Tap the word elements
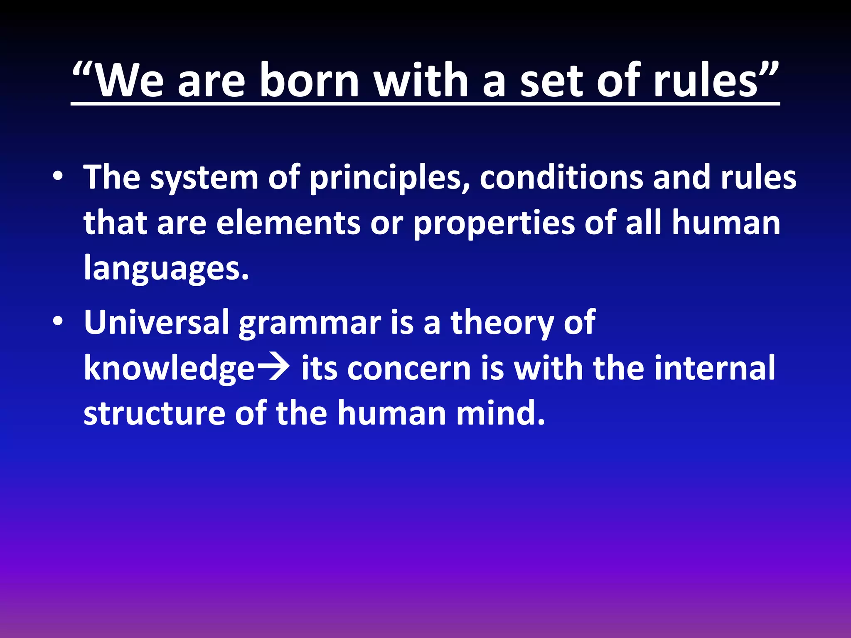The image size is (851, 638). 288,223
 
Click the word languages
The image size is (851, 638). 166,269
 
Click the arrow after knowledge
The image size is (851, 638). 273,368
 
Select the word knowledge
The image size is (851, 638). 169,369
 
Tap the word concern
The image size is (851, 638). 409,369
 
